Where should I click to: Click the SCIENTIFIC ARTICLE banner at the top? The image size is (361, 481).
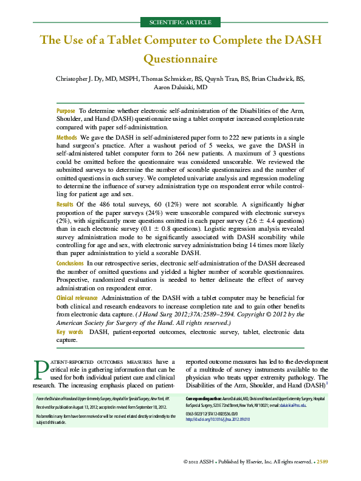(x=181, y=22)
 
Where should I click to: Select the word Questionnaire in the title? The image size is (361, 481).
(x=180, y=60)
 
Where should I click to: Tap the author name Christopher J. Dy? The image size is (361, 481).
(x=81, y=78)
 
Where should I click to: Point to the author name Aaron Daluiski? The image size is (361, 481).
(x=180, y=87)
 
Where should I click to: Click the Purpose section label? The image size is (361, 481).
(x=66, y=111)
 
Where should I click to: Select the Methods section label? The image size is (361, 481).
(x=67, y=138)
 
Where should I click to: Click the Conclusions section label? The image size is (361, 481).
(x=70, y=263)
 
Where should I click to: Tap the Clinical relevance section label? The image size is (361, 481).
(x=77, y=298)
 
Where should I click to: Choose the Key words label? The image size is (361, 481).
(x=70, y=332)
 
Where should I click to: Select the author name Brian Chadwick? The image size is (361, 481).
(x=268, y=78)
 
